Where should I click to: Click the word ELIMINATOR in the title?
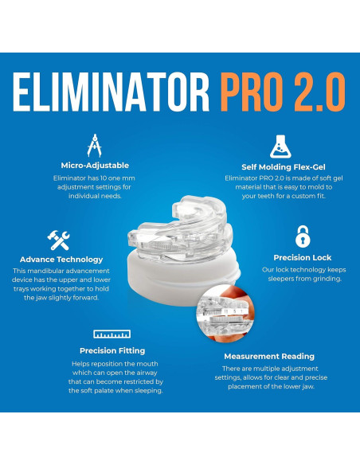pos(112,92)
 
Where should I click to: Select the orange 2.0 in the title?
pos(320,92)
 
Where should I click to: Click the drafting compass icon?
pos(95,146)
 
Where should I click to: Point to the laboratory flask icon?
pos(280,147)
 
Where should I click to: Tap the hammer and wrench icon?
pos(58,240)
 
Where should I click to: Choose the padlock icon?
pos(303,236)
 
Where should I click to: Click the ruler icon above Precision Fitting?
pos(112,334)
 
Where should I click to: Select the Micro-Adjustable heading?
pos(95,166)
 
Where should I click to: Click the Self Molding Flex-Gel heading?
pos(284,167)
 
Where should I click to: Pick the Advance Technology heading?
pos(61,260)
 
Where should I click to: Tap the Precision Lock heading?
pos(303,258)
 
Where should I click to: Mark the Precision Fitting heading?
pos(112,351)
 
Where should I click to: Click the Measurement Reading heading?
pos(269,357)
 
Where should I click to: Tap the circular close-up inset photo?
pos(225,314)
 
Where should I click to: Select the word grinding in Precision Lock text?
pos(327,279)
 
